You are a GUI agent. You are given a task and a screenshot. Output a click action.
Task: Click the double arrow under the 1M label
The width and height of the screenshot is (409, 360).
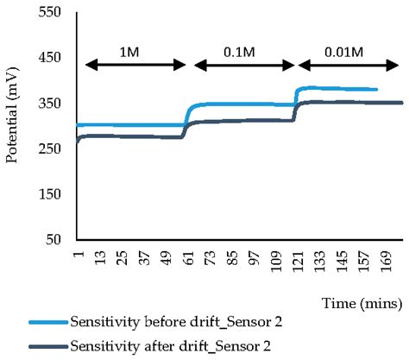tap(135, 64)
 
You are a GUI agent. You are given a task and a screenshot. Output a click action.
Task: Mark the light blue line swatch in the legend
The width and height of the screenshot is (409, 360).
tap(47, 323)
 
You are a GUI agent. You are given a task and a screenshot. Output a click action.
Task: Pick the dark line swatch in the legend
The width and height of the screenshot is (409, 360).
tap(47, 348)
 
